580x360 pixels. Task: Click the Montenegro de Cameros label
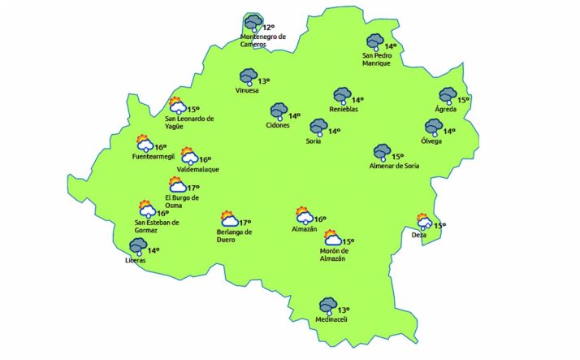point(265,41)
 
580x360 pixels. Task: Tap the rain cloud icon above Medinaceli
point(327,306)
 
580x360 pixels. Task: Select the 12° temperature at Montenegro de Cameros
point(269,28)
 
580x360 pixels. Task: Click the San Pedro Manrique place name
point(378,59)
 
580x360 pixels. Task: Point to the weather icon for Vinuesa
point(248,77)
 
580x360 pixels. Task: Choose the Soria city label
point(314,142)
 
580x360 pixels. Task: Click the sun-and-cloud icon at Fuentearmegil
point(145,143)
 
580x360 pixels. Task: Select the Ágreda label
point(446,110)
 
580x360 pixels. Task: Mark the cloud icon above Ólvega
point(433,127)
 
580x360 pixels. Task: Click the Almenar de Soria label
point(394,166)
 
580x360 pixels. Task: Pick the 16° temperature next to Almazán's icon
point(320,219)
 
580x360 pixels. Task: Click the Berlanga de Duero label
point(234,236)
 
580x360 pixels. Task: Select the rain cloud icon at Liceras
point(136,245)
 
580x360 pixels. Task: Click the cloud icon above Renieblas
point(341,96)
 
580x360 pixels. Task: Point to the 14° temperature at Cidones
point(295,115)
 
